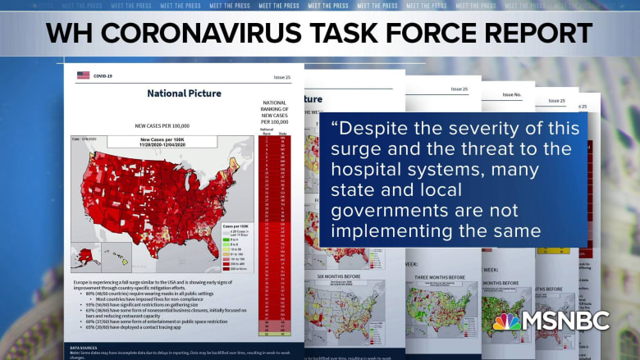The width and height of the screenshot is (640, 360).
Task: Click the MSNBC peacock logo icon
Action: point(507,321)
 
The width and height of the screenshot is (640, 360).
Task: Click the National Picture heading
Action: point(184,93)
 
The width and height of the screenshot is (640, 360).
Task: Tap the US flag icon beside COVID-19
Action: point(83,75)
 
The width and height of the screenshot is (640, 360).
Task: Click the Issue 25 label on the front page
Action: point(281,77)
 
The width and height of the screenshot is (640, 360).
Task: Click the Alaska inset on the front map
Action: point(83,255)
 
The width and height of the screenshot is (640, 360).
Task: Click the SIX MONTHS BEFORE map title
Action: point(339,276)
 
